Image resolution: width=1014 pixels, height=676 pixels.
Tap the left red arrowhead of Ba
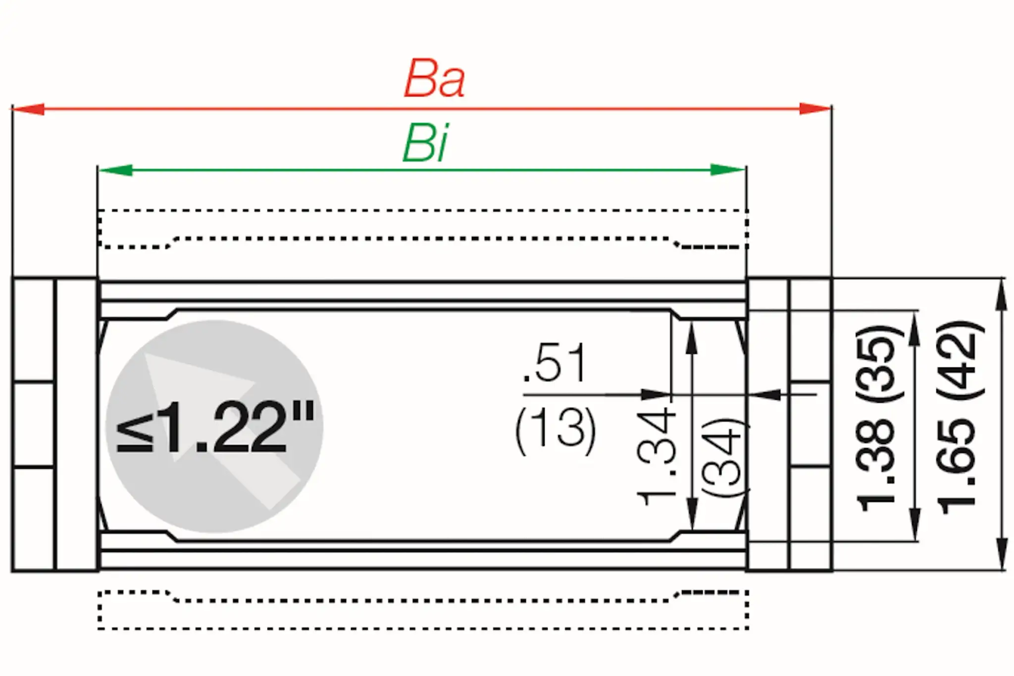29,109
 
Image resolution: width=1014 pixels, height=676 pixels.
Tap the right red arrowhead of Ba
814,109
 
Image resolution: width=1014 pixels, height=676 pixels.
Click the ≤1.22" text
215,427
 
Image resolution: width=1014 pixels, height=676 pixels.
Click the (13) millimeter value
556,430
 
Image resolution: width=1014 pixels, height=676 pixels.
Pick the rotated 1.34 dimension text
656,456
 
